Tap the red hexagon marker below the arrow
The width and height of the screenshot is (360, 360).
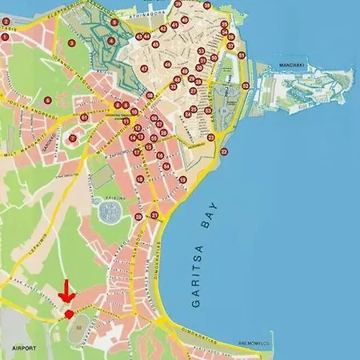[x=70, y=314]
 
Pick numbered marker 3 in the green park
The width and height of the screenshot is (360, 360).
[x=71, y=42]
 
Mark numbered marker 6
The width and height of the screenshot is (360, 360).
[x=48, y=100]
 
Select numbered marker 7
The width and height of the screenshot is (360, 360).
[x=73, y=138]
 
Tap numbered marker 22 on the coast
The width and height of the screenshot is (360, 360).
[x=223, y=151]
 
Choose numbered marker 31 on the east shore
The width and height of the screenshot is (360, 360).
[x=245, y=85]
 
